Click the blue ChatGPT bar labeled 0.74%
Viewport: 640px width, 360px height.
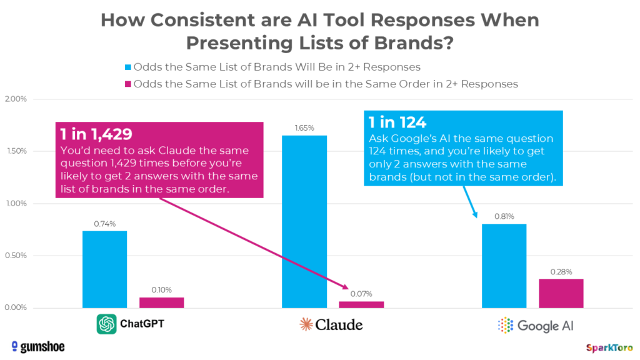tap(104, 269)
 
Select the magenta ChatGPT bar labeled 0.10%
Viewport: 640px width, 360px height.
tap(161, 302)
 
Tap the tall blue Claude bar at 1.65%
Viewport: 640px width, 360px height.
tap(304, 221)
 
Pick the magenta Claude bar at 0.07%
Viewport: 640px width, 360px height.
tap(361, 304)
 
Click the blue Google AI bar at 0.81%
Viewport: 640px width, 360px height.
tap(504, 266)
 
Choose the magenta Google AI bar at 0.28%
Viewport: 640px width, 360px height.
tap(561, 293)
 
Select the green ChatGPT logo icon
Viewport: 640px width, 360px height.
tap(107, 324)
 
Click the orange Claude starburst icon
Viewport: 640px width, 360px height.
tap(306, 324)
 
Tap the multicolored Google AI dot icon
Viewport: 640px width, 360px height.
tap(505, 325)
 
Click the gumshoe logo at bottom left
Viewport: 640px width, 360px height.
tap(37, 346)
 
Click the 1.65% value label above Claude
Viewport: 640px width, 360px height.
tap(304, 128)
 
